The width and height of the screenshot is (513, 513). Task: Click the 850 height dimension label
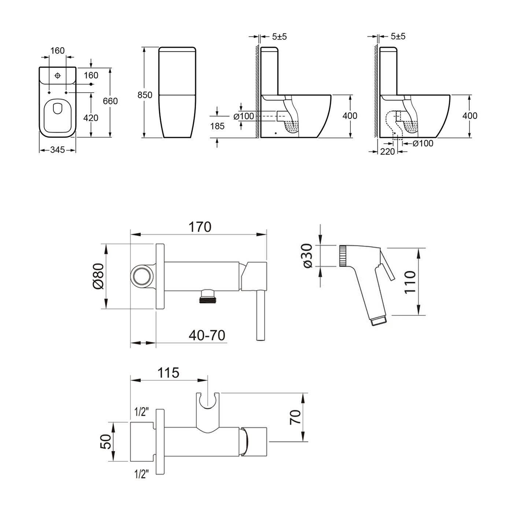pyautogui.click(x=144, y=95)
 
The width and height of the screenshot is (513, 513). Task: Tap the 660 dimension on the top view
pyautogui.click(x=110, y=101)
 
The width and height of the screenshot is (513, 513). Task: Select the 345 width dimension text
pyautogui.click(x=58, y=150)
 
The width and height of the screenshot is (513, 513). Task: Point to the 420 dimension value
pyautogui.click(x=91, y=118)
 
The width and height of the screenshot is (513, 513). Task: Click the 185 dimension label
pyautogui.click(x=217, y=126)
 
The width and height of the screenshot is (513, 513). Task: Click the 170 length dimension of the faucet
pyautogui.click(x=200, y=227)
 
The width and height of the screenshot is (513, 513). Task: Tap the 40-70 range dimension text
pyautogui.click(x=207, y=335)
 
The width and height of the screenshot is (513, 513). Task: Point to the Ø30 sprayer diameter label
pyautogui.click(x=308, y=255)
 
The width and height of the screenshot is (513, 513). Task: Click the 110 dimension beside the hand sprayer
pyautogui.click(x=410, y=281)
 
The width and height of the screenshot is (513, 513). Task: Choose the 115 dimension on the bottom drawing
pyautogui.click(x=168, y=372)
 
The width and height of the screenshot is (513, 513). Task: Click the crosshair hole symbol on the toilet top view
pyautogui.click(x=57, y=75)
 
